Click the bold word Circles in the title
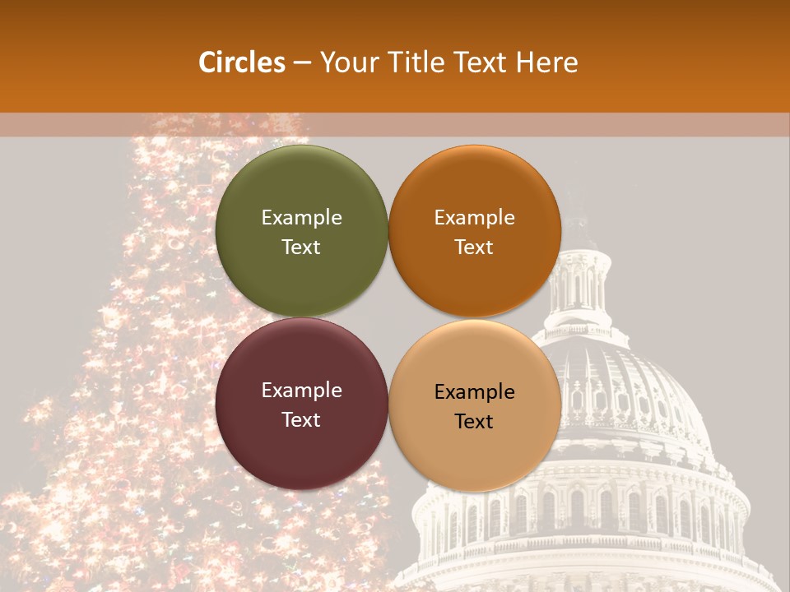click(242, 62)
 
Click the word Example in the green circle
click(301, 218)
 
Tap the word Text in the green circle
click(301, 247)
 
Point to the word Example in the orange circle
click(474, 218)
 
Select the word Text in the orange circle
click(474, 247)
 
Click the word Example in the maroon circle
click(301, 391)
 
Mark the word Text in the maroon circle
click(301, 420)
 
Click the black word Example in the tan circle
click(474, 392)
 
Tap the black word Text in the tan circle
click(474, 422)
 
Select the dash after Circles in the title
click(301, 63)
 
